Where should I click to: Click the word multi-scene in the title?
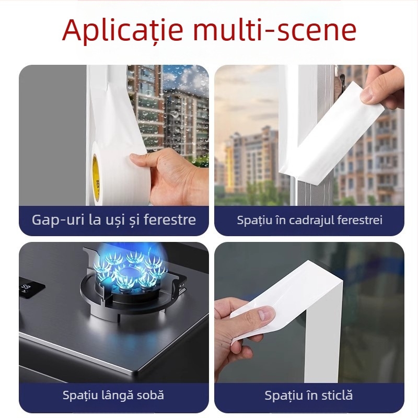(277, 29)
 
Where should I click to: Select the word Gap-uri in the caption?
(57, 220)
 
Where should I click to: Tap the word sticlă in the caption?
(338, 395)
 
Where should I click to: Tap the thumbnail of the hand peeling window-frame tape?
(309, 135)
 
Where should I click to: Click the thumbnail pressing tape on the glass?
(309, 312)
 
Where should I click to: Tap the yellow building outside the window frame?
(229, 162)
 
